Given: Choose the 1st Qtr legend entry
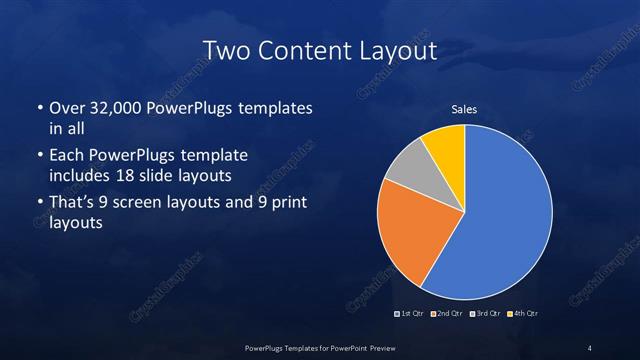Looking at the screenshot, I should point(411,314).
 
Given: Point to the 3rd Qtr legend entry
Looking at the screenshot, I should point(486,314).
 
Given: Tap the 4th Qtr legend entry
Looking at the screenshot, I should point(524,314).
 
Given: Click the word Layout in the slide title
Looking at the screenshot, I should point(393,49).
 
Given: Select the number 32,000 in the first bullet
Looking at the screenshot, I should point(112,108).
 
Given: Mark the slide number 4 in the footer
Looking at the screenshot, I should point(589,347).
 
